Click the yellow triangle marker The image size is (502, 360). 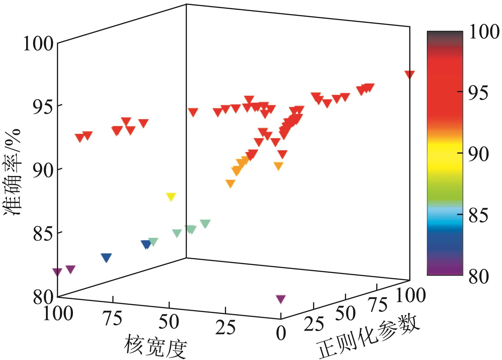171,197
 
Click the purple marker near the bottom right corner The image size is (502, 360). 281,299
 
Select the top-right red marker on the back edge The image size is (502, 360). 410,74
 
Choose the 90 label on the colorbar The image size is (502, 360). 478,154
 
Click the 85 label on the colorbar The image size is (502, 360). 478,216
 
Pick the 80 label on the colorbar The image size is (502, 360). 478,277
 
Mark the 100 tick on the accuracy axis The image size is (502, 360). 38,44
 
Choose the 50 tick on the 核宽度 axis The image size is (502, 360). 169,322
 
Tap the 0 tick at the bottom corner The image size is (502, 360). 281,333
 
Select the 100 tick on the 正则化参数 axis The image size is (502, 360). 410,295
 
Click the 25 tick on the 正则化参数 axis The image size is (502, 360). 314,324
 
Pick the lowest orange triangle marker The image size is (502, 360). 230,183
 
